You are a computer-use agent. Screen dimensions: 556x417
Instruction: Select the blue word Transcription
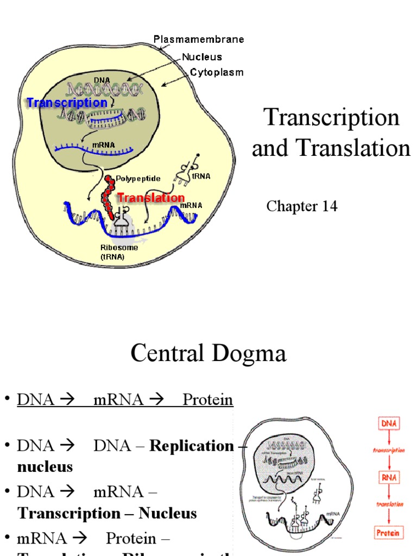click(67, 103)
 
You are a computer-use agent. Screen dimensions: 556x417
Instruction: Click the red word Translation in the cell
click(151, 198)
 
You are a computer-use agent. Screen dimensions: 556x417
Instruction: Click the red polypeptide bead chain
click(109, 195)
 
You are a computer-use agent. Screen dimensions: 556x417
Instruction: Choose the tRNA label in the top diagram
click(201, 176)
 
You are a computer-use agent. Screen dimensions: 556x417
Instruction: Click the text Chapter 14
click(302, 206)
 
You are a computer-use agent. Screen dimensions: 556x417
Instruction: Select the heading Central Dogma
click(208, 354)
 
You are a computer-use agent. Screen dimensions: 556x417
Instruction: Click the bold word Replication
click(192, 446)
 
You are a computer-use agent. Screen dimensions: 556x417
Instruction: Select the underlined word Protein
click(208, 400)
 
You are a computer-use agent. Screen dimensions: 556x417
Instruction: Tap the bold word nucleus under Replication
click(45, 466)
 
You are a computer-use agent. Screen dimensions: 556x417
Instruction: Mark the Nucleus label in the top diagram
click(201, 56)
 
